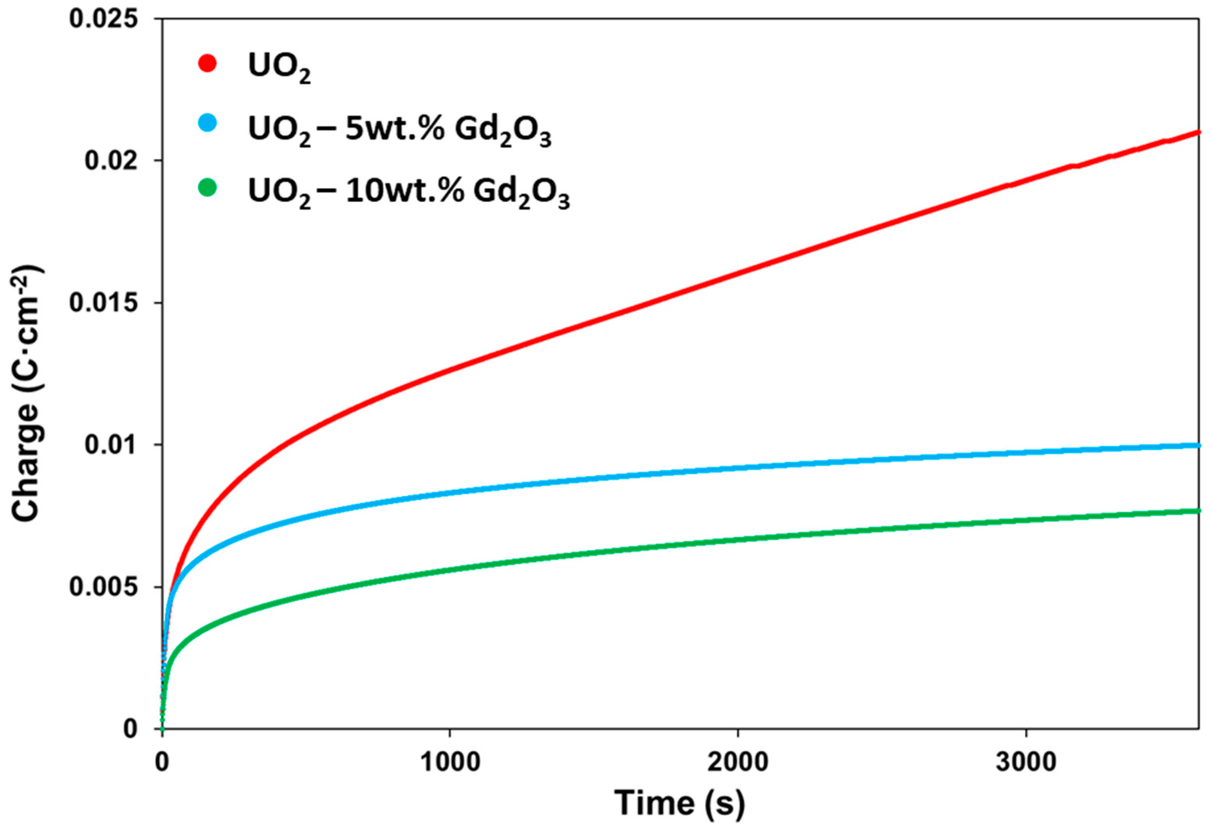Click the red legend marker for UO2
207,64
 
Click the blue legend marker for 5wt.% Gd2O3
207,124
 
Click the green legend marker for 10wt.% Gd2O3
207,187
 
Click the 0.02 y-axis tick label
111,160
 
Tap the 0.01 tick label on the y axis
111,445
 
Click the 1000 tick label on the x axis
450,762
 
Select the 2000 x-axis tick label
738,762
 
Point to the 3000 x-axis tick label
1026,762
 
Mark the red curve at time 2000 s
738,272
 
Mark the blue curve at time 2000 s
738,467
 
